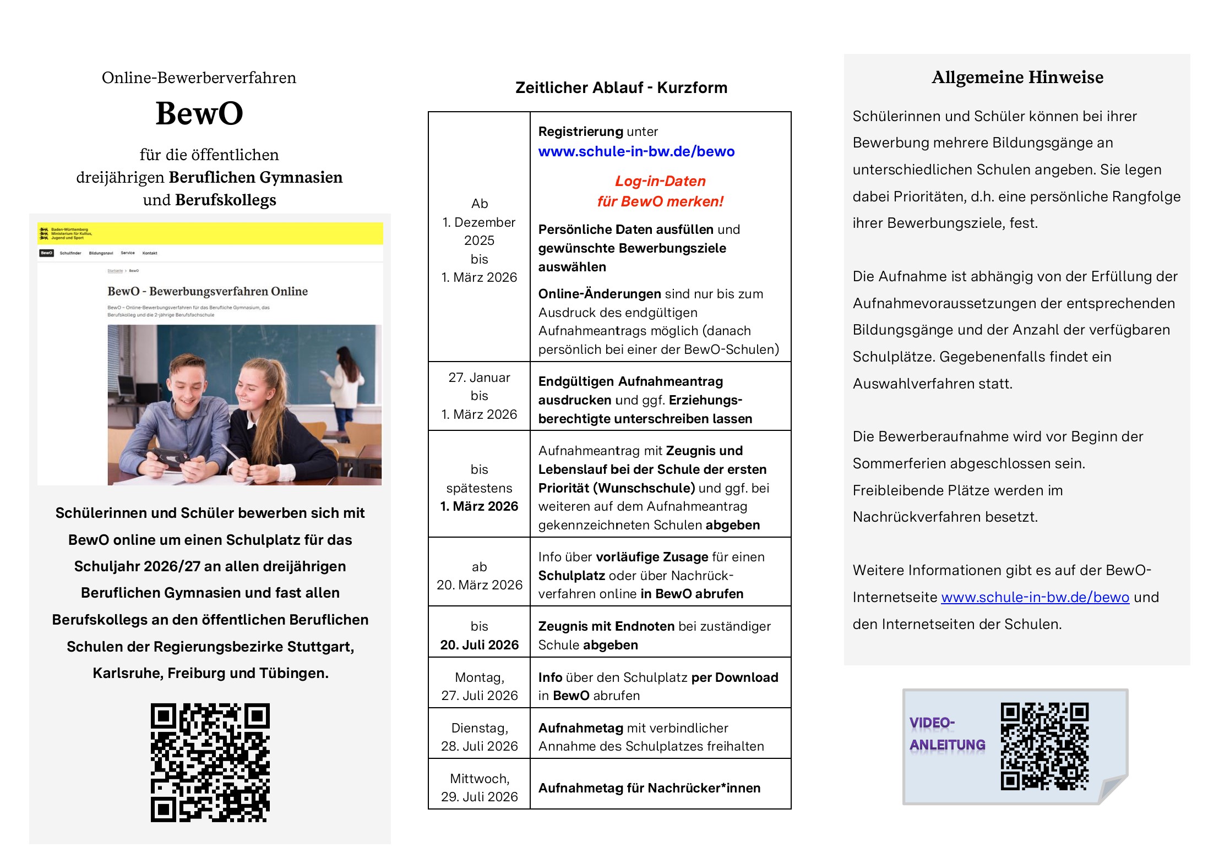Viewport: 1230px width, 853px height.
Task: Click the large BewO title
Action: click(x=199, y=114)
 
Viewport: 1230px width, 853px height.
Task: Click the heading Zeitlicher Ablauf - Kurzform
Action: click(x=621, y=88)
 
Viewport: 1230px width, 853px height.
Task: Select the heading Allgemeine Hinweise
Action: click(x=1017, y=77)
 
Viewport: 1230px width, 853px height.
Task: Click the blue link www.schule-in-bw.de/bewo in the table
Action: click(x=636, y=151)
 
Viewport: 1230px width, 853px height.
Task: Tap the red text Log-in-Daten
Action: click(x=660, y=181)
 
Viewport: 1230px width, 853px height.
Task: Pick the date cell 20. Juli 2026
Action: click(x=479, y=644)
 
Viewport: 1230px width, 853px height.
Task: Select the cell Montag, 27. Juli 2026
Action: click(x=479, y=686)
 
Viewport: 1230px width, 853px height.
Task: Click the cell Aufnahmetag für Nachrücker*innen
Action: click(x=649, y=788)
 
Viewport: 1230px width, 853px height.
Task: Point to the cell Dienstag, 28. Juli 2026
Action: click(x=479, y=737)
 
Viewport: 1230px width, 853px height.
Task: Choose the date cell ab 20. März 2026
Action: click(x=479, y=576)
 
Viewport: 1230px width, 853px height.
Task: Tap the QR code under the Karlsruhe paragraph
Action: click(x=210, y=762)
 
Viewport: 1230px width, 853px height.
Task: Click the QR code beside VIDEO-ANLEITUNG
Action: click(x=1044, y=746)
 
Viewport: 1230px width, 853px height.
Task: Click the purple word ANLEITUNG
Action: click(x=947, y=745)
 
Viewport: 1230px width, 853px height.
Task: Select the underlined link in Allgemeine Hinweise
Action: click(x=1035, y=597)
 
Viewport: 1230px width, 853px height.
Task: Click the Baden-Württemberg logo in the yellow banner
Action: click(x=45, y=233)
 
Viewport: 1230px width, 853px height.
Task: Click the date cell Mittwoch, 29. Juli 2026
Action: click(x=479, y=788)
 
